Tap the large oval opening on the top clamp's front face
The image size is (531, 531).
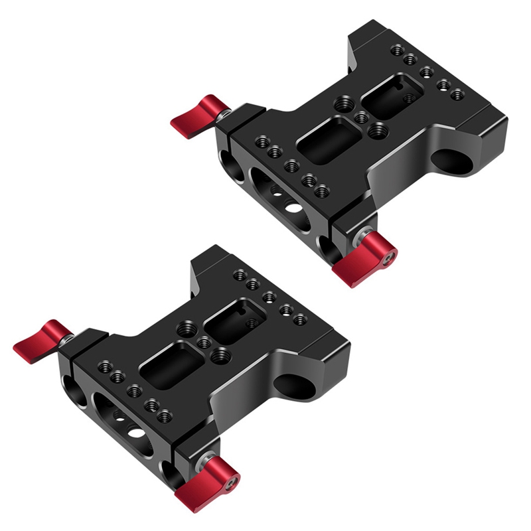click(279, 199)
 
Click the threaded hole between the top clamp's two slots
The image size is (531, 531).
click(362, 118)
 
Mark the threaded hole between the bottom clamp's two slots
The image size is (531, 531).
click(205, 342)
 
